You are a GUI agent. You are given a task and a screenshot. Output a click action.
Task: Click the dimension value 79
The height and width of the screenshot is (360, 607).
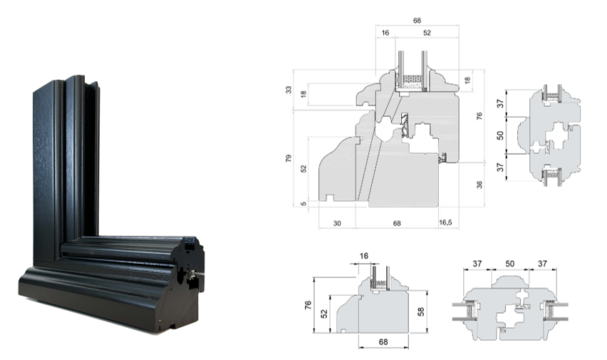click(289, 158)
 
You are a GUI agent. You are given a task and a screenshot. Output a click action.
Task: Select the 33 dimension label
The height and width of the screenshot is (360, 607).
click(289, 90)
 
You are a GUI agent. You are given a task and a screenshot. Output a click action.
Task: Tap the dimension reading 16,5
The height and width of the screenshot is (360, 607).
click(445, 223)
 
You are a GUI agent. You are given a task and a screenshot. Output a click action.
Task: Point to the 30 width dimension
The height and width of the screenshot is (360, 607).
click(337, 224)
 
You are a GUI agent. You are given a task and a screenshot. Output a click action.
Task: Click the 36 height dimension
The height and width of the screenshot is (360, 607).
click(479, 185)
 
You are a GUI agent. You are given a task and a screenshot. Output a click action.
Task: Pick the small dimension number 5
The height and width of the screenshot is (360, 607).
click(304, 203)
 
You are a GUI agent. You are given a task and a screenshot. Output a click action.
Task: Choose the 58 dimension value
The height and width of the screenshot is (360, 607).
click(421, 312)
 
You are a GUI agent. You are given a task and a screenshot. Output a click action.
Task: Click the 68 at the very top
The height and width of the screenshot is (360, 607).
click(417, 21)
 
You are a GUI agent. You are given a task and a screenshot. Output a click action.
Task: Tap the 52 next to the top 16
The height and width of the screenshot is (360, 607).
click(427, 33)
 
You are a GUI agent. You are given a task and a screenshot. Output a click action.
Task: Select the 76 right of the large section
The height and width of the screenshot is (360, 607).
click(479, 116)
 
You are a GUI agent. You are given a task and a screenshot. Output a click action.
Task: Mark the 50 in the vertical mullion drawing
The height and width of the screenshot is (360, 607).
click(500, 135)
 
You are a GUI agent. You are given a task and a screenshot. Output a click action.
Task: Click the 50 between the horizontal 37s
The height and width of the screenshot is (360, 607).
click(510, 264)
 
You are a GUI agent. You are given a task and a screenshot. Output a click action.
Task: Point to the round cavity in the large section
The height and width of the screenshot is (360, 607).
click(385, 132)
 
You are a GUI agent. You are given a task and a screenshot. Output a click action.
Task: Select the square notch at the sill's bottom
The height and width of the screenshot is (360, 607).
click(329, 197)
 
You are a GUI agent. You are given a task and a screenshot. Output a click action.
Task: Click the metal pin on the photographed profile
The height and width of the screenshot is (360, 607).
click(192, 274)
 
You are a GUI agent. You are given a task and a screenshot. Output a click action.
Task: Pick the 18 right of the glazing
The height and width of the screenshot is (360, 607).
click(467, 81)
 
